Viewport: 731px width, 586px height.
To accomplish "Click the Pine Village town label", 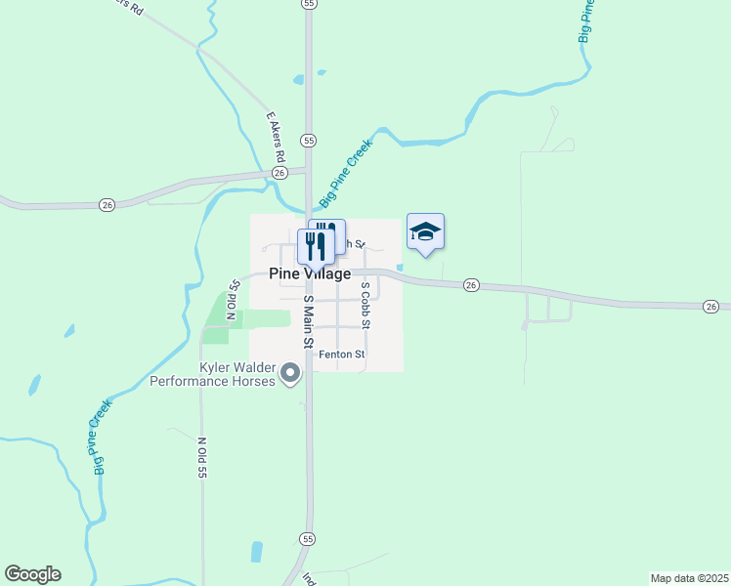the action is click(309, 274).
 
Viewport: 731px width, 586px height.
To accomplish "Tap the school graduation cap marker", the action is click(425, 231).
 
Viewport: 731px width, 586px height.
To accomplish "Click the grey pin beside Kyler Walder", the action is click(289, 373).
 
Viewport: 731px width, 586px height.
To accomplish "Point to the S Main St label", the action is click(307, 322).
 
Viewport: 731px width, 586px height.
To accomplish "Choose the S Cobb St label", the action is click(365, 305).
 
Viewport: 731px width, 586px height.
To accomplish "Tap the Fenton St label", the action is click(342, 355).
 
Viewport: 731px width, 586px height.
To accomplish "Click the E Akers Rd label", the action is click(276, 137).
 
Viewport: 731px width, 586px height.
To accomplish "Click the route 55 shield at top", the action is click(309, 4).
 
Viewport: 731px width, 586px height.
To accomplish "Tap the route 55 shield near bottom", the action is click(308, 539).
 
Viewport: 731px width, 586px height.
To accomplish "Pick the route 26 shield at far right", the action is click(710, 307).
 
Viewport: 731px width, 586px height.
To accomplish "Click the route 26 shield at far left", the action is click(107, 204).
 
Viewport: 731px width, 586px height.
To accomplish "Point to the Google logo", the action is click(32, 574).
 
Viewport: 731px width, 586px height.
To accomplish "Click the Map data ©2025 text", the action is click(689, 577).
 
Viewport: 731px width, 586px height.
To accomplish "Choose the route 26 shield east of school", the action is click(472, 285).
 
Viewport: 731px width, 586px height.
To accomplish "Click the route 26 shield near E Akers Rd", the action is click(279, 172).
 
